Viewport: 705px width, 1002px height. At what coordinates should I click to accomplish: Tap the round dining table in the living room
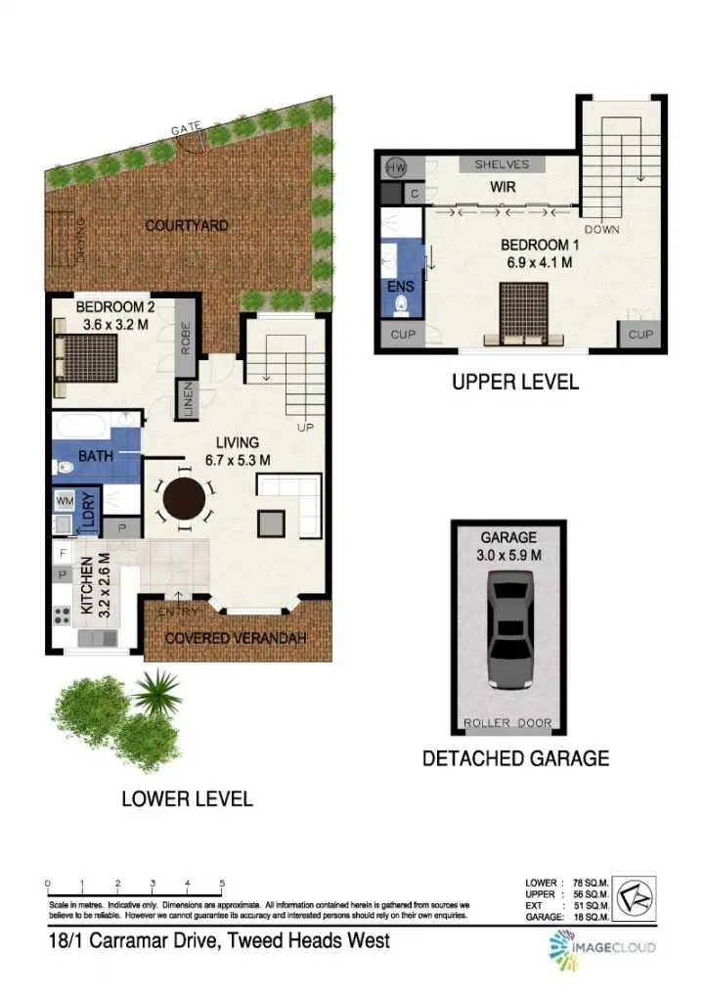tap(184, 501)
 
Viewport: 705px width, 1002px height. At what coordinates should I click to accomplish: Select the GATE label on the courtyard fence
tap(185, 129)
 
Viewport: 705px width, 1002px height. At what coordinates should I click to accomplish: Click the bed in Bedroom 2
tap(88, 359)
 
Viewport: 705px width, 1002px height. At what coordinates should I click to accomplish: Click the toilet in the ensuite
tap(401, 305)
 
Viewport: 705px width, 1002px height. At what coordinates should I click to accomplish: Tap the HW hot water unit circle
tap(396, 167)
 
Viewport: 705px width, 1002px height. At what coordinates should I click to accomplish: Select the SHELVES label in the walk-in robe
tap(502, 164)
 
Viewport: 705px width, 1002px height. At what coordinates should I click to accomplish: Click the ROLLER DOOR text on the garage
tap(507, 724)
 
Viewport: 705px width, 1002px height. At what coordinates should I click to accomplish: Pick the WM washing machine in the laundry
tap(66, 501)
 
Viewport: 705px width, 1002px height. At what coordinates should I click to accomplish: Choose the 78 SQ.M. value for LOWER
tap(593, 882)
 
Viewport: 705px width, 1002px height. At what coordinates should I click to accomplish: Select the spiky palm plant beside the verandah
tap(154, 694)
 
